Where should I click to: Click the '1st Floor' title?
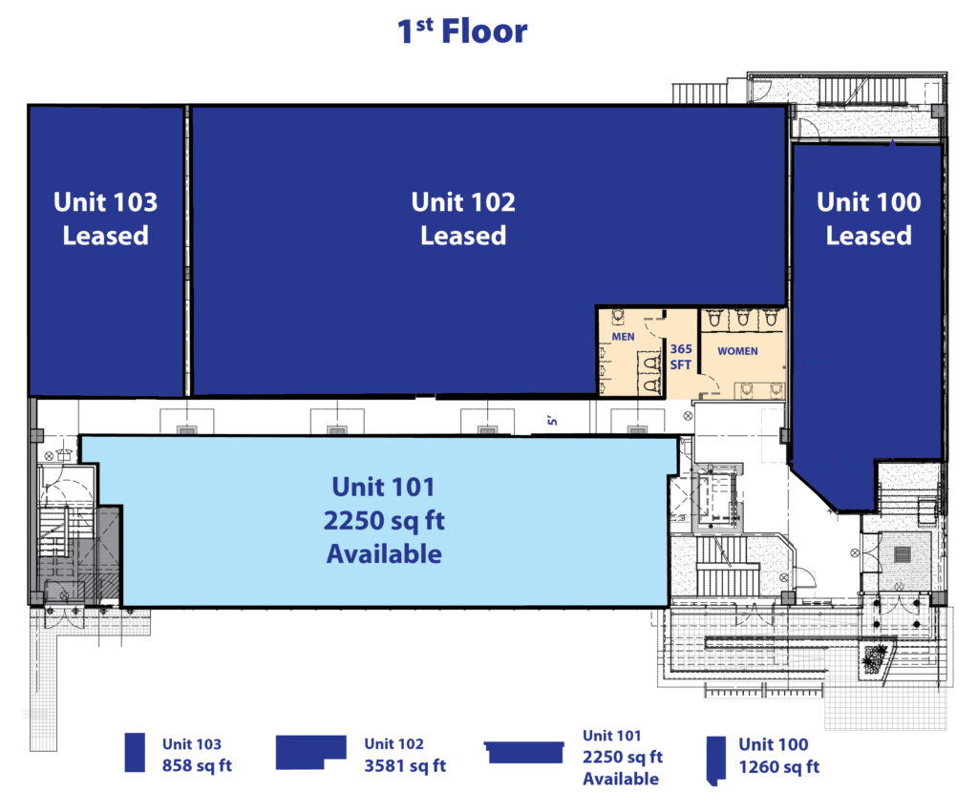pos(462,31)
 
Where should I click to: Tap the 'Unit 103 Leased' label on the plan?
pos(105,219)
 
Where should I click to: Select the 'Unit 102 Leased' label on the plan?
pos(463,219)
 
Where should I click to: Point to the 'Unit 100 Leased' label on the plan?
pos(869,219)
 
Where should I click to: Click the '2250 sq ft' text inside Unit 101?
pos(384,520)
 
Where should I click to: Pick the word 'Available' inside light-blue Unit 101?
pos(384,554)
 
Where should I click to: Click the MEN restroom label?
pos(623,337)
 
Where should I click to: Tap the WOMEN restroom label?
pos(737,351)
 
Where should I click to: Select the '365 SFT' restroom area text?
pos(680,357)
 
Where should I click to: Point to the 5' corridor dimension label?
pos(552,422)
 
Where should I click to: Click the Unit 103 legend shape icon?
pos(135,752)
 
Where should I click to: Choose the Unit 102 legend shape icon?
pos(310,752)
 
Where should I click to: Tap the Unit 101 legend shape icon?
pos(524,752)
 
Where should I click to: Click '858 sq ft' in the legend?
pos(197,765)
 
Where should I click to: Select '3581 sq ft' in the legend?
pos(405,765)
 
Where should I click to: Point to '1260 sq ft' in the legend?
pos(779,766)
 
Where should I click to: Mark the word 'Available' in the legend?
pos(621,779)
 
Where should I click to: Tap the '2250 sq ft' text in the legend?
pos(623,757)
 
